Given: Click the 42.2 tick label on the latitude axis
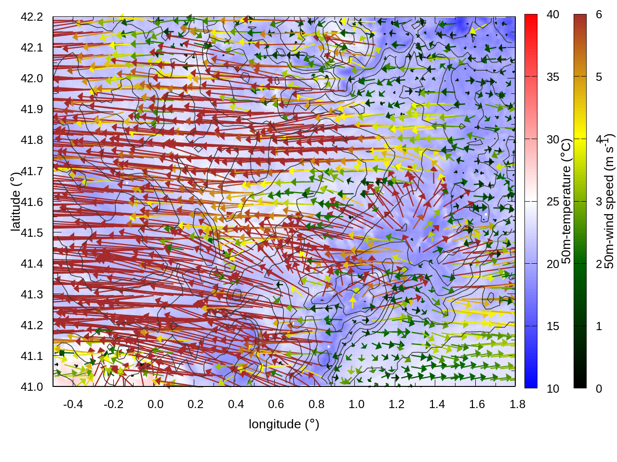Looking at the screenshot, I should [x=32, y=17].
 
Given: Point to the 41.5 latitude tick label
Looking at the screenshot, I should [x=32, y=233].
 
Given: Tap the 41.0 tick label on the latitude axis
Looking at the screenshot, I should [x=32, y=387].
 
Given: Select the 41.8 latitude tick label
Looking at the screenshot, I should [x=32, y=140].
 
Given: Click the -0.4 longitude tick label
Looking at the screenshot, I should [x=73, y=404].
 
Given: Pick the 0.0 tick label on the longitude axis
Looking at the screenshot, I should [x=155, y=404].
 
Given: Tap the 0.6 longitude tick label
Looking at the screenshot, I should [x=276, y=404].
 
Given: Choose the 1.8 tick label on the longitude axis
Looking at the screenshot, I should [x=517, y=404].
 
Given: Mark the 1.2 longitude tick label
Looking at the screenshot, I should [x=397, y=404].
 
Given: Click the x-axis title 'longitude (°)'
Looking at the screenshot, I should [x=284, y=424].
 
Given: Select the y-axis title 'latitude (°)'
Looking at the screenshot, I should [x=16, y=202].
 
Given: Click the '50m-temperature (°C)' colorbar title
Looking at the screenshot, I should [x=566, y=202].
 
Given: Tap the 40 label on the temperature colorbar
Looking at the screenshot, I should [x=553, y=15].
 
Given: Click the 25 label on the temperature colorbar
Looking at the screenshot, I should [x=553, y=202].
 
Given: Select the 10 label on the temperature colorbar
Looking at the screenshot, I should [x=553, y=388].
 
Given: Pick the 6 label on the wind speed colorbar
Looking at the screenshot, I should [x=599, y=15].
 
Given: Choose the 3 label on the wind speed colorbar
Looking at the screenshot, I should [x=599, y=202].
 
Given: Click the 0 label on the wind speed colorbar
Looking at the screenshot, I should [x=599, y=388].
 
